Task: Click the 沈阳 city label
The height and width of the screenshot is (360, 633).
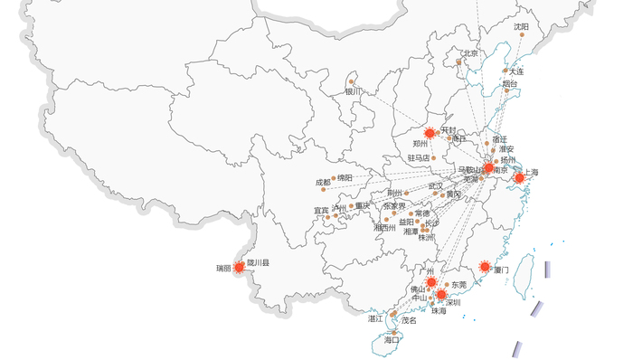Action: [521, 27]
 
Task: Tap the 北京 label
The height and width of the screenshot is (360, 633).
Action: [469, 53]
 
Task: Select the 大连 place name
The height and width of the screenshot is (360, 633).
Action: [515, 71]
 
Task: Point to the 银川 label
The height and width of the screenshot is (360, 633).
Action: [353, 90]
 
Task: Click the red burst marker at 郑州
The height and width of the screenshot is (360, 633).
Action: [430, 133]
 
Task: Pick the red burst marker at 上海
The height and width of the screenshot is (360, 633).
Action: [519, 178]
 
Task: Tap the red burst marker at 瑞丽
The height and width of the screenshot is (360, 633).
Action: [239, 267]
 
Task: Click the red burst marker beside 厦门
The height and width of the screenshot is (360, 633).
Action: [485, 267]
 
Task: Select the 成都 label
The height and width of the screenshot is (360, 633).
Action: [323, 183]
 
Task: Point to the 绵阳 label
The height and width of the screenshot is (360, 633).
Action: [345, 178]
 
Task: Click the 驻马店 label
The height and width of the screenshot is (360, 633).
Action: [419, 157]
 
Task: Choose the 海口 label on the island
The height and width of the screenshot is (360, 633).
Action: [391, 340]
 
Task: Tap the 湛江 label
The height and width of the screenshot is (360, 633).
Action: [375, 319]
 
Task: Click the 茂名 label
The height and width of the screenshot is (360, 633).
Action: [409, 320]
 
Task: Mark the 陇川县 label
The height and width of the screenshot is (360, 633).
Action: [259, 262]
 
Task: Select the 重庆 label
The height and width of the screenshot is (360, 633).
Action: [363, 205]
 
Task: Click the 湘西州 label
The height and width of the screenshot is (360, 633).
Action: [384, 228]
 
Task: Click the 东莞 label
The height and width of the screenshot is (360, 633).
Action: [458, 285]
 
